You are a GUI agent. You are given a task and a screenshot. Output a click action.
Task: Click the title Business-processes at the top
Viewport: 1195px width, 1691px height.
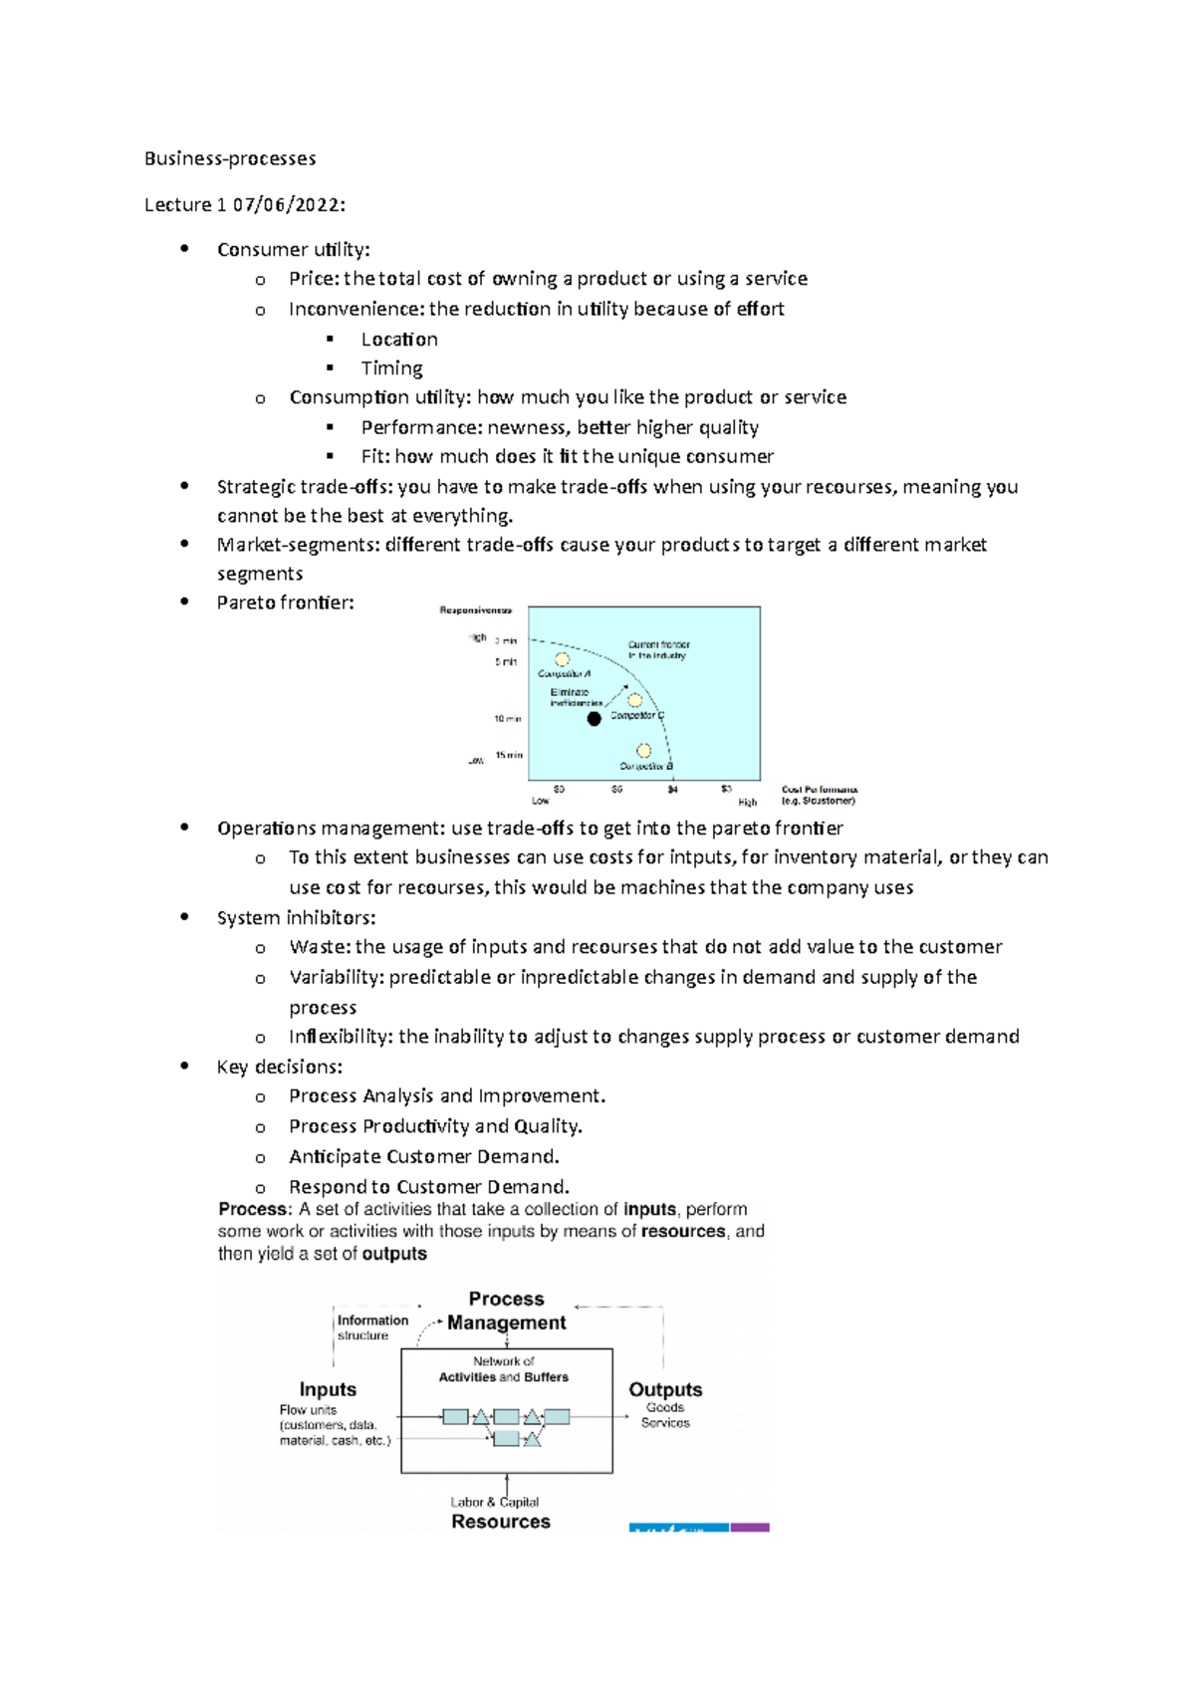tap(230, 158)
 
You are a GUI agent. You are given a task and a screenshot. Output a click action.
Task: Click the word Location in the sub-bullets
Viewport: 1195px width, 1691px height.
tap(399, 340)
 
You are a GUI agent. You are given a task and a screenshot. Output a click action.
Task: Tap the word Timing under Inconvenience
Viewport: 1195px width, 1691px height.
tap(391, 368)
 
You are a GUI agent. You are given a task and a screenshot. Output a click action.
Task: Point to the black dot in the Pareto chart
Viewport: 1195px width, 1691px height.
tap(594, 718)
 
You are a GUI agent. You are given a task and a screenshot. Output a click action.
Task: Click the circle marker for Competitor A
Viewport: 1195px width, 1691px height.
tap(563, 659)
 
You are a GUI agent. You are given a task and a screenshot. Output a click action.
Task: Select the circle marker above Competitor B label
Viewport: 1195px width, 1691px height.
tap(644, 751)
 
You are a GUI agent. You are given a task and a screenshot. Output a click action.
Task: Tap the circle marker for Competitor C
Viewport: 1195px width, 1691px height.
tap(635, 700)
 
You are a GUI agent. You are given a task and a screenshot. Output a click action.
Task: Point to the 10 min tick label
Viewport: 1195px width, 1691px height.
tap(508, 718)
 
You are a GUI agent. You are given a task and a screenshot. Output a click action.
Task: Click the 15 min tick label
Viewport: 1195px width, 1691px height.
tap(509, 755)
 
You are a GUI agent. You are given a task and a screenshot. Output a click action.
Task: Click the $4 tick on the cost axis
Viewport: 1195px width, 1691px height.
tap(673, 790)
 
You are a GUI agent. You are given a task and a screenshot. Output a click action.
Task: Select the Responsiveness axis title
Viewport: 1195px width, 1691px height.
tap(476, 609)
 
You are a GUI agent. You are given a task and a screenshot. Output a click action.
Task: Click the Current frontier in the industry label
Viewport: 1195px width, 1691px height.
tap(658, 649)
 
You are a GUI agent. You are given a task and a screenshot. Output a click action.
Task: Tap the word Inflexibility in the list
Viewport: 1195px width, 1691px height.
tap(340, 1037)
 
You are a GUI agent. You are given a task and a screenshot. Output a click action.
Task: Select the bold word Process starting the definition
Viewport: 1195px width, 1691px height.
tap(253, 1209)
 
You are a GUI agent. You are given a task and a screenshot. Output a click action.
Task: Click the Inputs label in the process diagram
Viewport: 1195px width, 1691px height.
tap(328, 1389)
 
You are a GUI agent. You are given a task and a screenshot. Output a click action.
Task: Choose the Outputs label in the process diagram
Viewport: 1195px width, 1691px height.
tap(665, 1389)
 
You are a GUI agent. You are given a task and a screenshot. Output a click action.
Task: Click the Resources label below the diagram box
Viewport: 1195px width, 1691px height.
tap(501, 1522)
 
